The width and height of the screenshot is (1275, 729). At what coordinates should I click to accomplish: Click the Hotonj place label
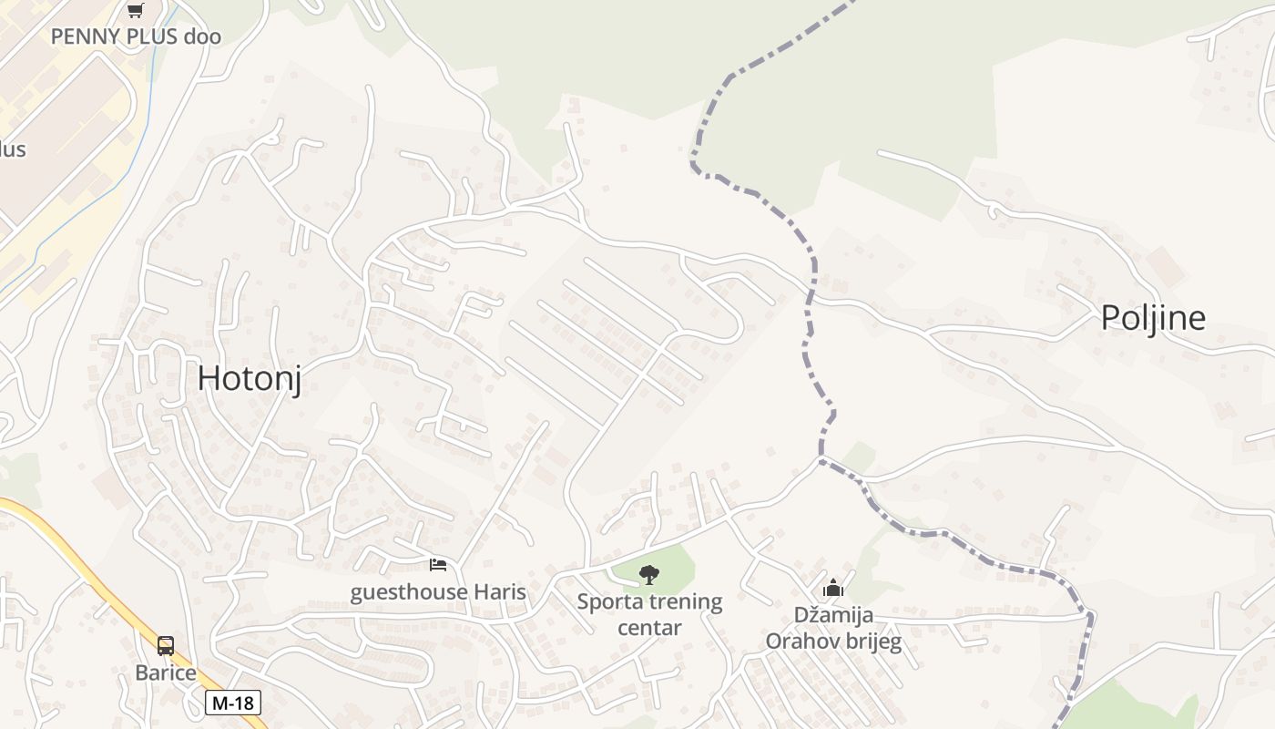(249, 378)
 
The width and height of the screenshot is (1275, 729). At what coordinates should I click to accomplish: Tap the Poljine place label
(1153, 317)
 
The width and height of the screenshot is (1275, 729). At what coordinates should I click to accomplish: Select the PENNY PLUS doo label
(136, 36)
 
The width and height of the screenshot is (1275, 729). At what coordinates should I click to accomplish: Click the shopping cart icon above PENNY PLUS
(136, 10)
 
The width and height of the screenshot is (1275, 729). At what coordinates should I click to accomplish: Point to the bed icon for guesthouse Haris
(438, 565)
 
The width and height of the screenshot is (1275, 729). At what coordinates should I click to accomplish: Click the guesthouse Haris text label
(438, 592)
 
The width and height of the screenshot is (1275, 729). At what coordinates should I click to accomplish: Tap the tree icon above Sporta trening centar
(649, 574)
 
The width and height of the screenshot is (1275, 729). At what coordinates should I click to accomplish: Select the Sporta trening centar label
(649, 614)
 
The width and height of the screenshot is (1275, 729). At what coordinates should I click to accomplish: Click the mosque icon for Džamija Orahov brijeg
(833, 589)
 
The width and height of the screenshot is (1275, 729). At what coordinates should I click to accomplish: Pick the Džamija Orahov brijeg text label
(833, 629)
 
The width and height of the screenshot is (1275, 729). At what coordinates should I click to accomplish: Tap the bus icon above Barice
(166, 646)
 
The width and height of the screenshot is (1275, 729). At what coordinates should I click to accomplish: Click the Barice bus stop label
(166, 673)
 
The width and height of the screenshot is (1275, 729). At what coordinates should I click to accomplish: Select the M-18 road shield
(233, 703)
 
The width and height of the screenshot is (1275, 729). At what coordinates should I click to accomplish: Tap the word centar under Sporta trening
(649, 628)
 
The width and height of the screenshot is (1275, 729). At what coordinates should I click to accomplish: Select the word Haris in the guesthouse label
(500, 592)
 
